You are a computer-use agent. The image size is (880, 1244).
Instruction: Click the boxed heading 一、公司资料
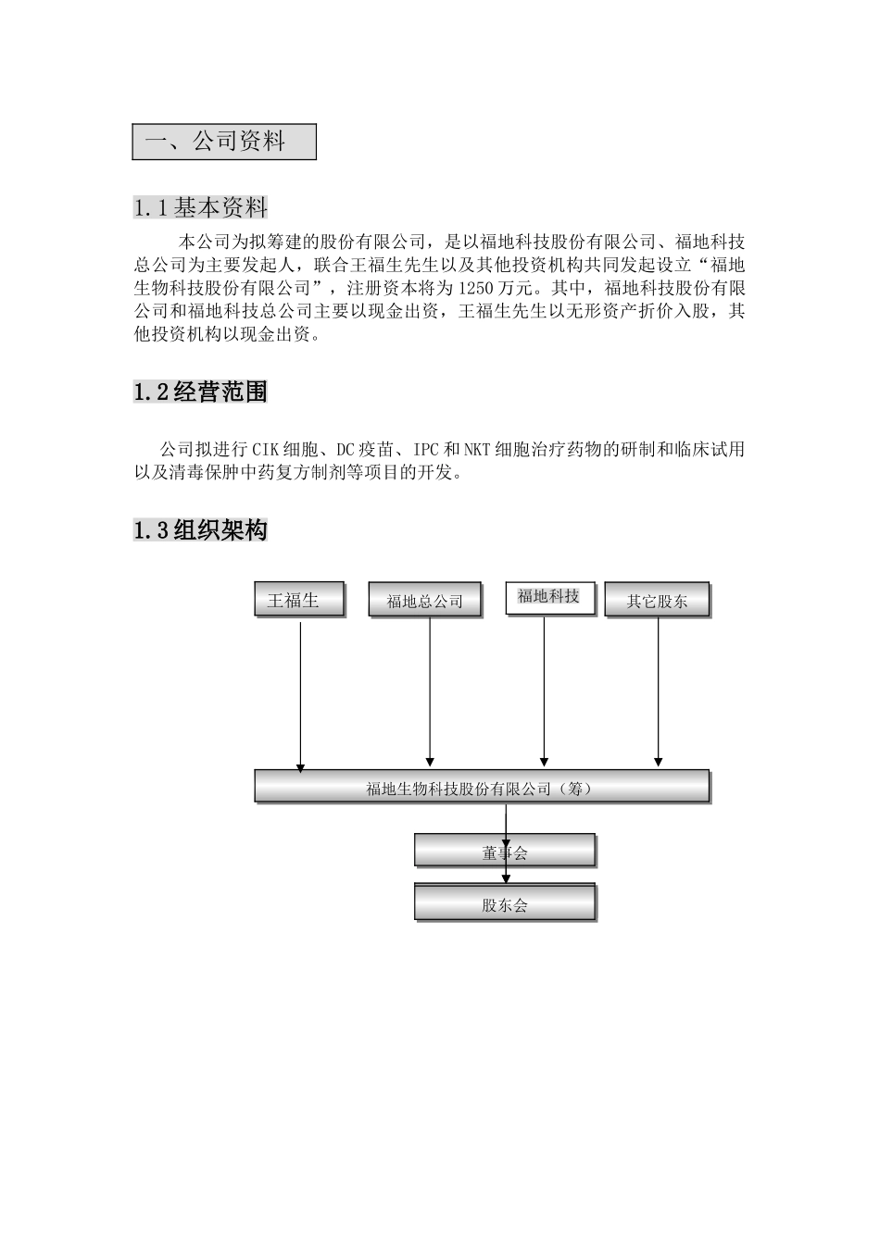223,142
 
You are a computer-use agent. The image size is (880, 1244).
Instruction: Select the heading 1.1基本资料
200,207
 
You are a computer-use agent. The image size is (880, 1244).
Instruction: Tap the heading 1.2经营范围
200,392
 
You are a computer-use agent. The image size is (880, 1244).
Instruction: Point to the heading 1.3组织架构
200,530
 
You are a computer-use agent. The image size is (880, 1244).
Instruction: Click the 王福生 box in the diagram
298,600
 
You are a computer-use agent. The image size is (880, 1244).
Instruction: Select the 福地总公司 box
425,601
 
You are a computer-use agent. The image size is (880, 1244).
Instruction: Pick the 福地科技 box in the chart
549,597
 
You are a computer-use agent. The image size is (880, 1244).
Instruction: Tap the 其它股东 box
656,601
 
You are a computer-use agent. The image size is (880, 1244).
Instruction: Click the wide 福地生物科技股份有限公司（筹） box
482,788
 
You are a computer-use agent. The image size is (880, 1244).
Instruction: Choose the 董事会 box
504,852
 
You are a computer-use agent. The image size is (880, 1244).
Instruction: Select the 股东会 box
504,904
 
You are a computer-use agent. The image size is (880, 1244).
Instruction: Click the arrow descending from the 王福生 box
300,694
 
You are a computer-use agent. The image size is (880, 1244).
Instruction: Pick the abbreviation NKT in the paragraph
478,451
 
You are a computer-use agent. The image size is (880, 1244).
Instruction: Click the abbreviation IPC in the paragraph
426,451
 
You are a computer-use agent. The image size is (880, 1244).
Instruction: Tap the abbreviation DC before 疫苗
345,451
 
